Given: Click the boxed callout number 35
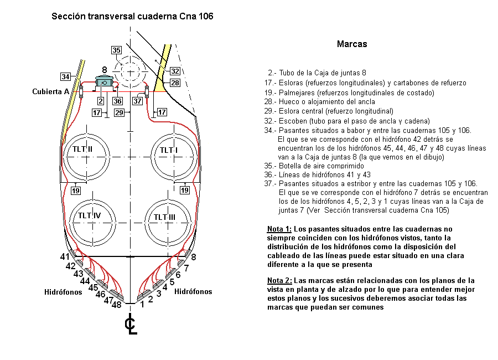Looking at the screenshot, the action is click(116, 50).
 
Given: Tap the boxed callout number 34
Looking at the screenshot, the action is click(65, 76).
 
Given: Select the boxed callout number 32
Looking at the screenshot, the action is click(175, 71).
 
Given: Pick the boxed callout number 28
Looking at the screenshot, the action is click(175, 83).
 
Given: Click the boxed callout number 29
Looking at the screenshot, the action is click(119, 112).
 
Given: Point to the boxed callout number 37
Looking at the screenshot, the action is click(137, 101).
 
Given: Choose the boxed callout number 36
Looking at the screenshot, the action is click(117, 101).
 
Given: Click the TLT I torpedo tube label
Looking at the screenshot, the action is click(169, 150).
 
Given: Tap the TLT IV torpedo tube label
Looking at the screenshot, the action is click(89, 215).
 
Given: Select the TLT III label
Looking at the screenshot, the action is click(164, 217).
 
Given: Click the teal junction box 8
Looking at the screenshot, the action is click(104, 83).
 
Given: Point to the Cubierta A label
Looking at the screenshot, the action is click(50, 91).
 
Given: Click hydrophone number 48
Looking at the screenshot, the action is click(117, 305).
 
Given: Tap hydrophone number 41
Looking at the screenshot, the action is click(65, 256).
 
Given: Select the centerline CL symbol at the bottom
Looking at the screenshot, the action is click(131, 324).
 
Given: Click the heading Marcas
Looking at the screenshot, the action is click(352, 44).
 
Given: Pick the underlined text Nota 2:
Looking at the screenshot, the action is click(279, 280).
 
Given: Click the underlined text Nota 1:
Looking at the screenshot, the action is click(279, 229).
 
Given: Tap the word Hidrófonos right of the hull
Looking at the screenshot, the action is click(193, 291).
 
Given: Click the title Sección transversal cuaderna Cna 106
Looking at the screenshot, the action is click(132, 16).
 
